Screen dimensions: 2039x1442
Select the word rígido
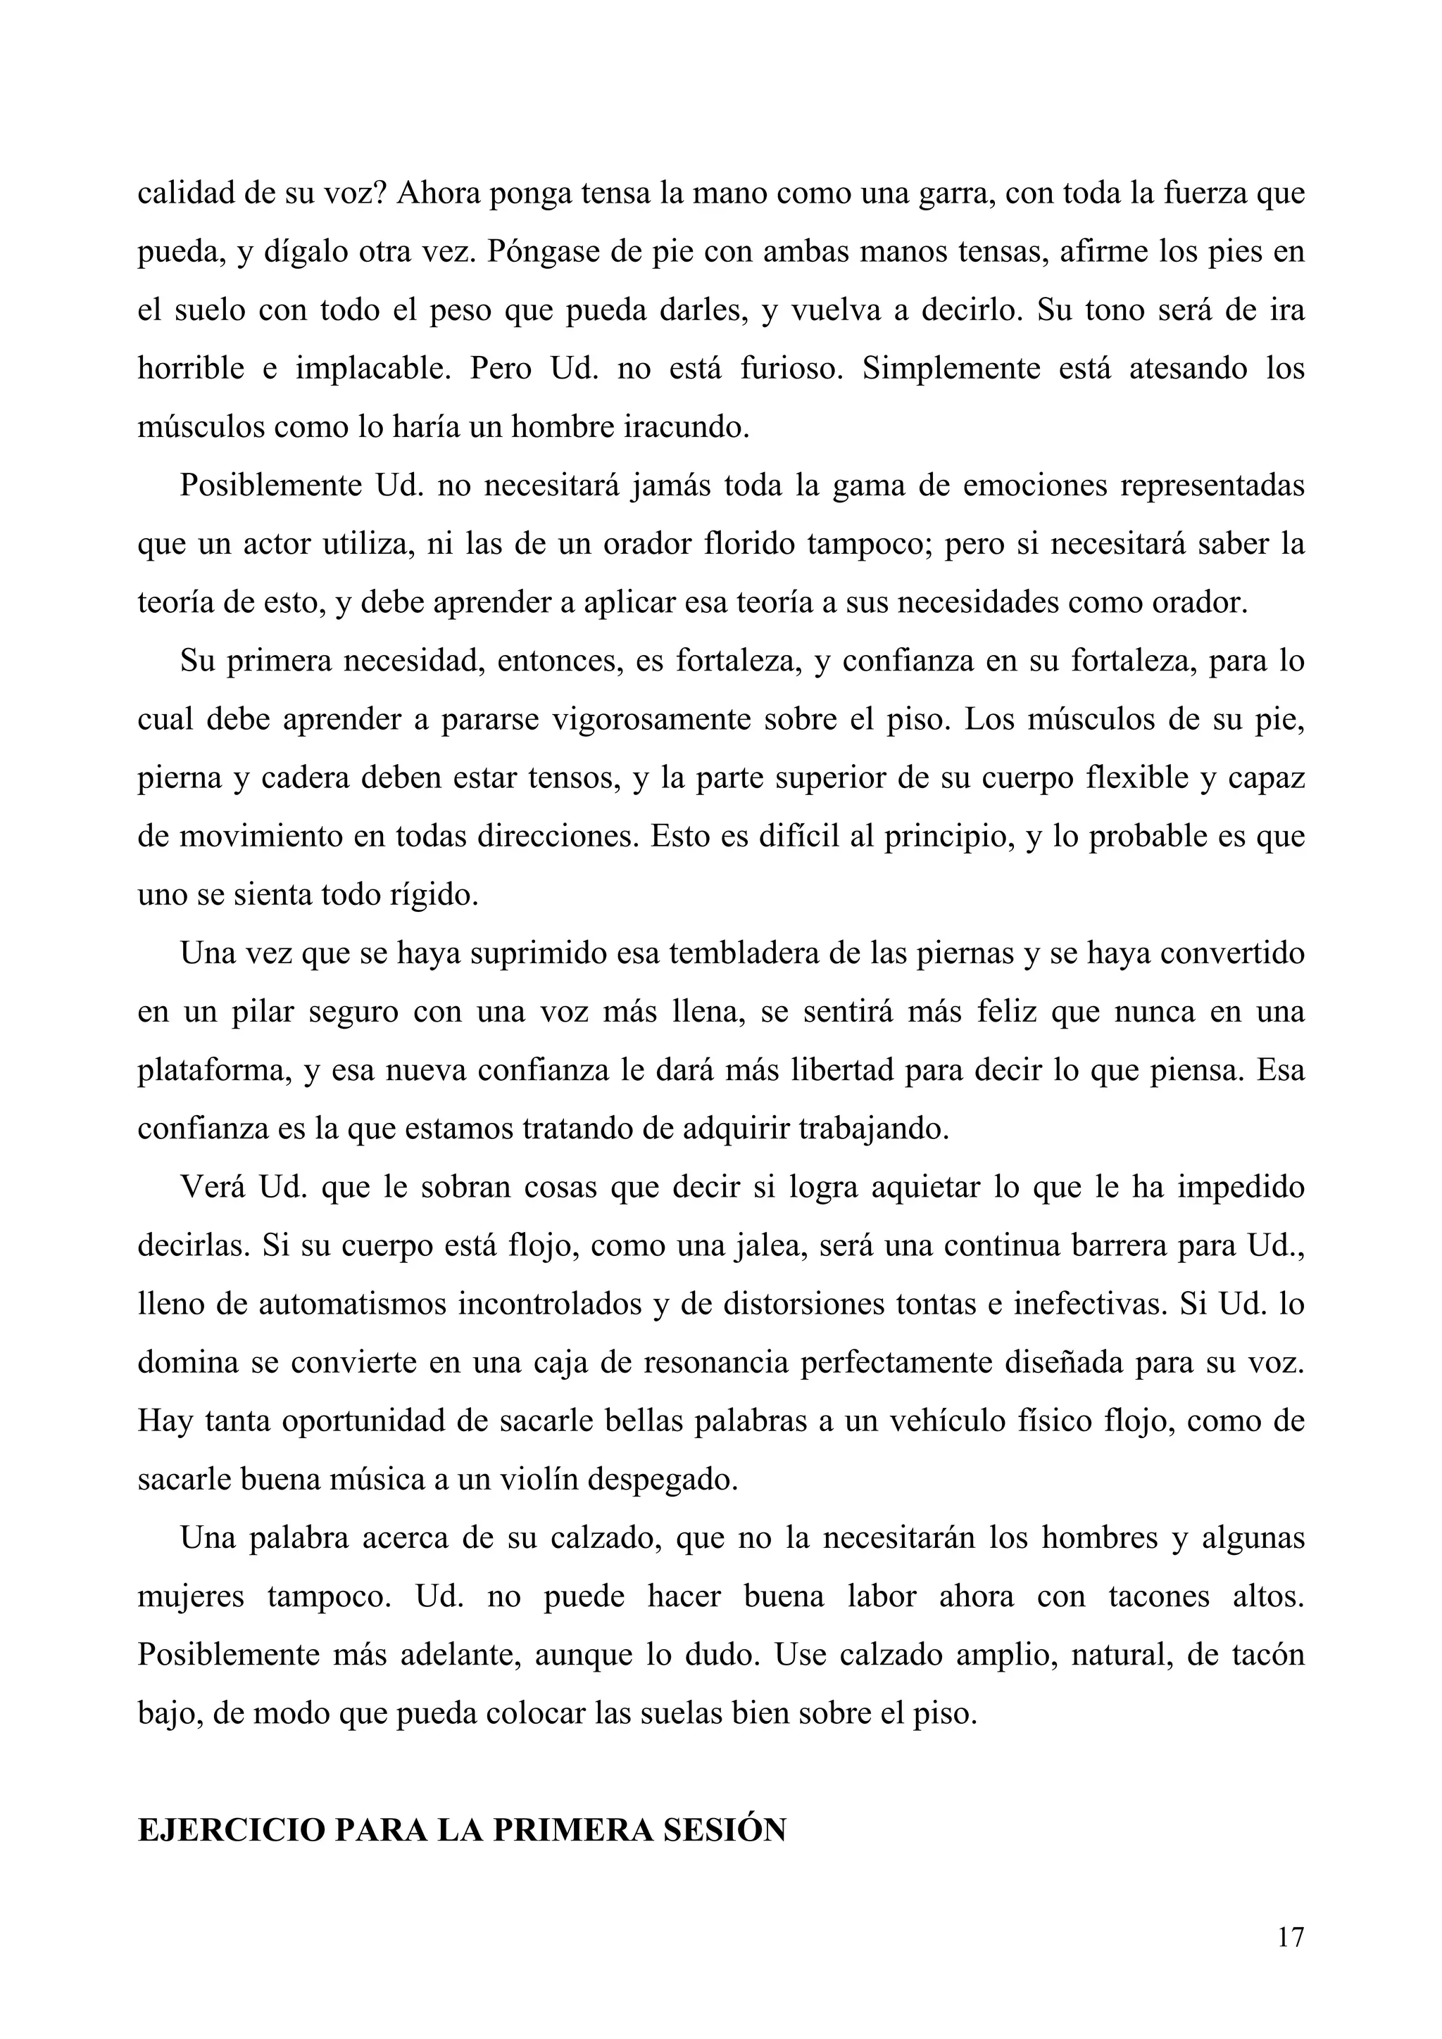434,894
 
